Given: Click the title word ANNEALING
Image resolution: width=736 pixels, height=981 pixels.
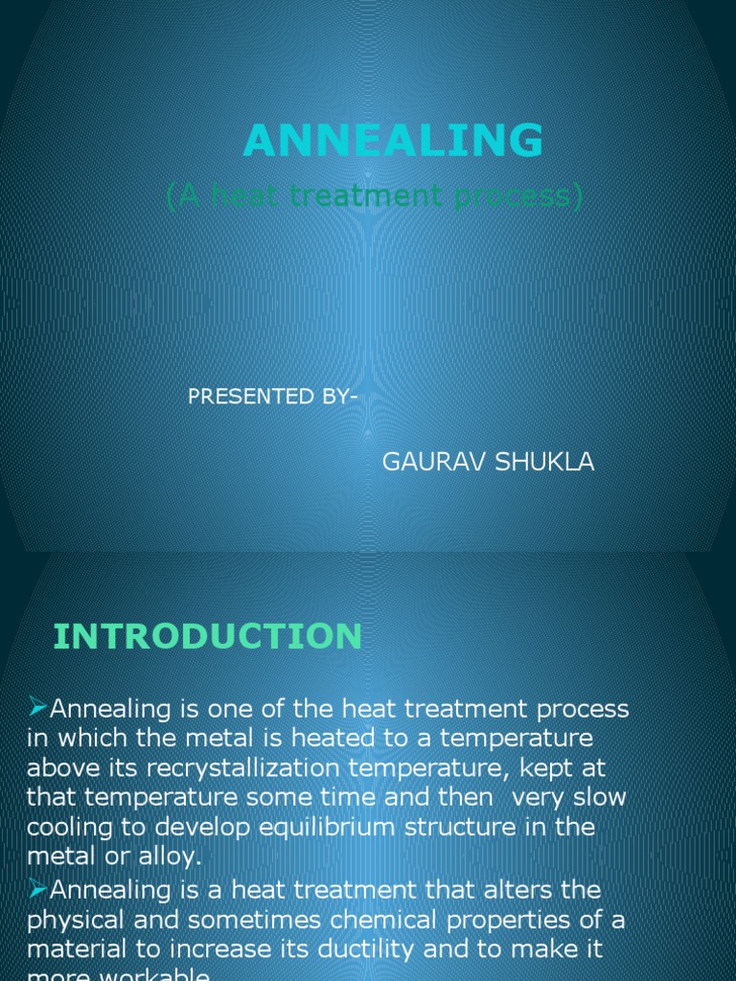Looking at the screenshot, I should coord(393,142).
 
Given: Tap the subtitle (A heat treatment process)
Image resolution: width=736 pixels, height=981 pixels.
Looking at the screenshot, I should coord(375,196).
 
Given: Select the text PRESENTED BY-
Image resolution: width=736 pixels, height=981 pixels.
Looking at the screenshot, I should coord(272,397).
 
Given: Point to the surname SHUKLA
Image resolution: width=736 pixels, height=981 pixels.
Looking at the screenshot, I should coord(546,463).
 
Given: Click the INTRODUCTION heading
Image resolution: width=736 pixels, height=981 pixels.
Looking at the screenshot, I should coord(207,636).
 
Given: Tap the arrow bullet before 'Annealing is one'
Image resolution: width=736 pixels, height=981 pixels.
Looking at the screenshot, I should coord(37,708).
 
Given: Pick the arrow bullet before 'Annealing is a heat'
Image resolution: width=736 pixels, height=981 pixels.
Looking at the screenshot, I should coord(37,890).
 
